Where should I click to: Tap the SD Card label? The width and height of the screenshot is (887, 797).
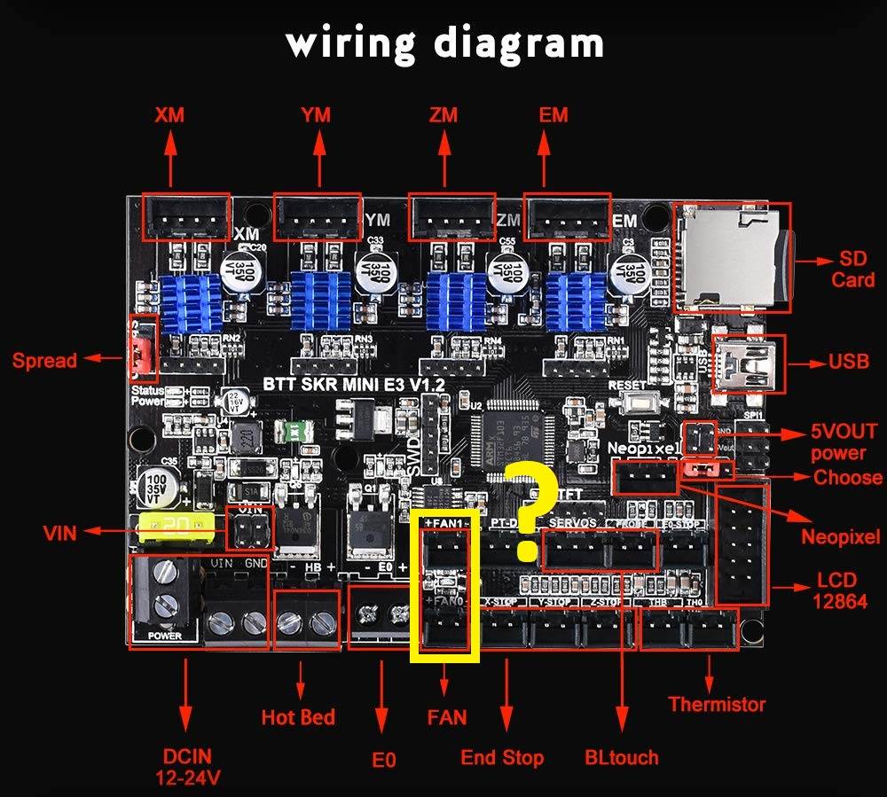point(856,270)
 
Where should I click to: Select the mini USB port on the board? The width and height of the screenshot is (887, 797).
point(747,362)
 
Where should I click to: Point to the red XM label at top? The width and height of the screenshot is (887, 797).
point(169,115)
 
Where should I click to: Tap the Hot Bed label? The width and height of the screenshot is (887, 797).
point(298,716)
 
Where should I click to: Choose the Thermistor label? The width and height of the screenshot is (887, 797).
point(717,705)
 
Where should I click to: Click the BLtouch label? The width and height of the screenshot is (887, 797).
point(622,757)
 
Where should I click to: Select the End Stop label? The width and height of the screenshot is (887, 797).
point(502,757)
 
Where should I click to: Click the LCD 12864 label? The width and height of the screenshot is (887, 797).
point(837,591)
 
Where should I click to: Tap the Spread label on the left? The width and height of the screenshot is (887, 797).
point(44,360)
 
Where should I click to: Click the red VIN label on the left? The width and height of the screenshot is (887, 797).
point(59,533)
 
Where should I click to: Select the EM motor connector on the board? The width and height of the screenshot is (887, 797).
point(568,215)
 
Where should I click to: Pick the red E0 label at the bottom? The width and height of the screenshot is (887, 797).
point(383,760)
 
